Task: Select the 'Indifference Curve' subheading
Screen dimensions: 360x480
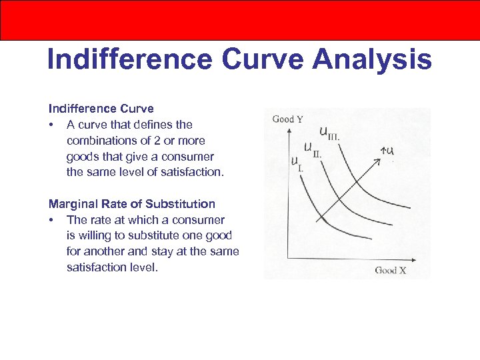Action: click(x=101, y=109)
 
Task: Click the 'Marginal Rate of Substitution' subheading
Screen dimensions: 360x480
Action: click(x=132, y=204)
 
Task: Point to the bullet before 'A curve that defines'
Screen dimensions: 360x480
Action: click(x=51, y=125)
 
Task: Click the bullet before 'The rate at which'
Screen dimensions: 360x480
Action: click(x=51, y=220)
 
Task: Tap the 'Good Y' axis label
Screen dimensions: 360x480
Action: click(x=287, y=119)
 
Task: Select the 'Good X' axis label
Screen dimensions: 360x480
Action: click(x=390, y=270)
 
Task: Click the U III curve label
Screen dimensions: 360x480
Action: click(x=330, y=133)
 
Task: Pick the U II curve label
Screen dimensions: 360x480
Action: click(x=313, y=149)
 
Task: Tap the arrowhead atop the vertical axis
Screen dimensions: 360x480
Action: click(x=287, y=131)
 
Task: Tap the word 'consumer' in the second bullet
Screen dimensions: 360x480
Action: click(x=202, y=220)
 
